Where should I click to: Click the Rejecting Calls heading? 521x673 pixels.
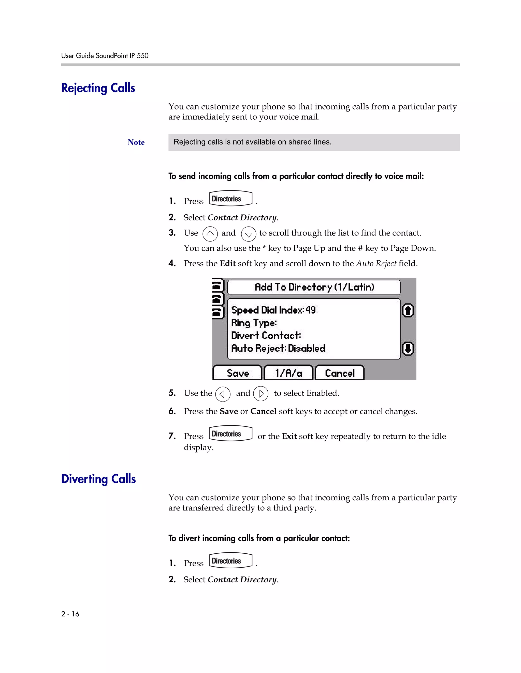tap(98, 88)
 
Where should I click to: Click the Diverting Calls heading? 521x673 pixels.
tap(98, 479)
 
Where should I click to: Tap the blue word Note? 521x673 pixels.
tap(136, 142)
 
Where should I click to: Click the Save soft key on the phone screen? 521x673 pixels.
tap(237, 373)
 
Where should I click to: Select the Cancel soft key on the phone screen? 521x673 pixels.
tap(340, 373)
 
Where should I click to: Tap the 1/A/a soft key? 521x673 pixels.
tap(288, 373)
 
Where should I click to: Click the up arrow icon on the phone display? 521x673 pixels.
tap(408, 310)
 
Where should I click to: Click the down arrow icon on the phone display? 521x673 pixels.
tap(408, 349)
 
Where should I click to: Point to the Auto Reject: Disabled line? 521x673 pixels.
tap(278, 348)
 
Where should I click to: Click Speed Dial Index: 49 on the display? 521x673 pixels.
tap(273, 310)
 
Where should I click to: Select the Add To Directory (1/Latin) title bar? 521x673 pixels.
tap(314, 287)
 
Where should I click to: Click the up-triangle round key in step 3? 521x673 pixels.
tap(210, 234)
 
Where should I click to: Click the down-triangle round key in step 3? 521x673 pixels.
tap(249, 234)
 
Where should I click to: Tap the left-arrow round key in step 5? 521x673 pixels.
tap(223, 394)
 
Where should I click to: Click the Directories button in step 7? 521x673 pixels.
tap(230, 434)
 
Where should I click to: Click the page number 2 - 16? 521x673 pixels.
tap(70, 614)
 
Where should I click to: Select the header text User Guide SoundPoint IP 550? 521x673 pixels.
tap(105, 56)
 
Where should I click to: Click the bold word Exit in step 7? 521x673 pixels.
tap(289, 436)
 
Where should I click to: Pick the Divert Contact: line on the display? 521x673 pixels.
tap(266, 335)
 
